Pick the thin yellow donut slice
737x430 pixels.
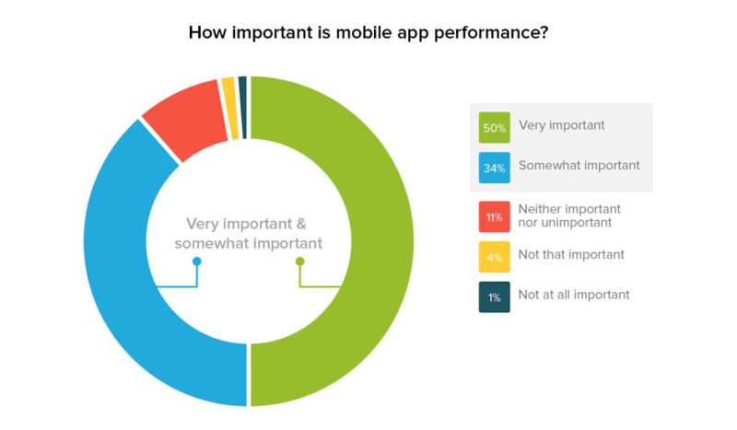tap(229, 109)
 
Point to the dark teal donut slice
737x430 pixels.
tap(242, 107)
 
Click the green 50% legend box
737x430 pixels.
tap(494, 127)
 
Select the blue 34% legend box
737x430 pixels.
tap(494, 168)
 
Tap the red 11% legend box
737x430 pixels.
tap(494, 216)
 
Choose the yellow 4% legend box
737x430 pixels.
tap(494, 257)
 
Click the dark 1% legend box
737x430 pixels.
tap(494, 297)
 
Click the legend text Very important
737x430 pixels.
tap(561, 126)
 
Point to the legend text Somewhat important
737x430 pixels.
tap(579, 166)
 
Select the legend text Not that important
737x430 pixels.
tap(571, 255)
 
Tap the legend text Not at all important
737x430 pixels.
tap(573, 295)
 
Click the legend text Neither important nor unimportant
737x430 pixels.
tap(569, 215)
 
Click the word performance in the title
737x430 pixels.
tap(491, 33)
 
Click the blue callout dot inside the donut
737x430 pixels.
tap(197, 261)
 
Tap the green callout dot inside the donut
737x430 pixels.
tap(300, 261)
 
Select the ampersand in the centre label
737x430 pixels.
tap(301, 224)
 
